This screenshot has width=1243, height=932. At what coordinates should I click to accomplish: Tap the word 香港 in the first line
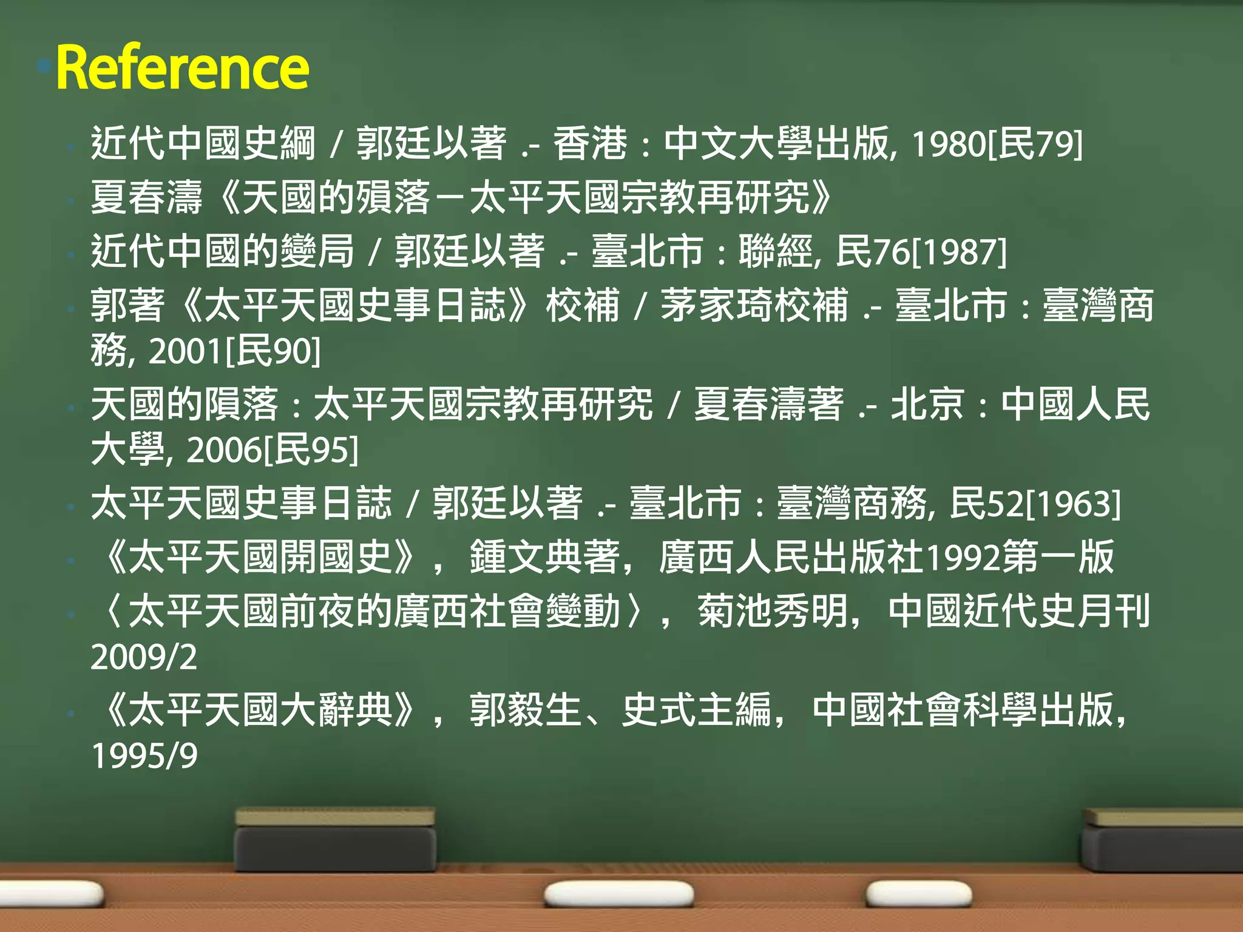click(590, 144)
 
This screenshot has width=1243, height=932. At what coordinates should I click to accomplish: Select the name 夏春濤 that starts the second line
click(146, 198)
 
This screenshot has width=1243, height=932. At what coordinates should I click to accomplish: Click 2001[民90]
click(234, 351)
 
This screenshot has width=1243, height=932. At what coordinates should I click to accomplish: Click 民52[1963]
click(1035, 504)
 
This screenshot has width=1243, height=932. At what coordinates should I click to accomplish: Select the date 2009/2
click(144, 657)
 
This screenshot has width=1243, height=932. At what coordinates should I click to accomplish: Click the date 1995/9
click(144, 756)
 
